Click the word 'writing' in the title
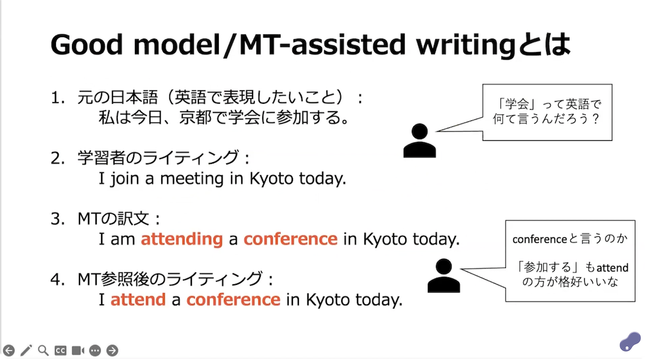(x=466, y=45)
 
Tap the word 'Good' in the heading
(x=87, y=44)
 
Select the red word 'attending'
(x=182, y=240)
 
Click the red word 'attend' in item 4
(x=138, y=300)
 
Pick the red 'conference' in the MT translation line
(x=291, y=239)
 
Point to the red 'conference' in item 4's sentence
(x=233, y=300)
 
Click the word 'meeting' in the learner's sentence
(x=192, y=179)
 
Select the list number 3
(x=58, y=219)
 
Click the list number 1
(x=58, y=98)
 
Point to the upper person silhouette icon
(x=420, y=140)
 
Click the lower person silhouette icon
(x=444, y=276)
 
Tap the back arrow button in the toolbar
(x=9, y=350)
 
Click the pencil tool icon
(x=26, y=350)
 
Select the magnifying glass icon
(x=43, y=350)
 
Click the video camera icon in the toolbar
(x=78, y=350)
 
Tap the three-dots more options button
(x=95, y=350)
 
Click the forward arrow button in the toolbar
(x=112, y=350)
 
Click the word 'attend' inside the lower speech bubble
(x=612, y=268)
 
